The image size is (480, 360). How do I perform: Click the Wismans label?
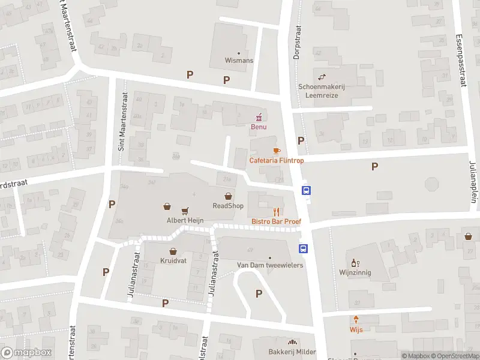[239, 61]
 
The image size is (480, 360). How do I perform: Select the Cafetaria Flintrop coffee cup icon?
[276, 150]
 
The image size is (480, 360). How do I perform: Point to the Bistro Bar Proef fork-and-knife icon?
[276, 211]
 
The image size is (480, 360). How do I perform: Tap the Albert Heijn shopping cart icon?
[185, 210]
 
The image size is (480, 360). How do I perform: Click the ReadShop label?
[228, 206]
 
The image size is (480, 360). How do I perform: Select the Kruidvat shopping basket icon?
[173, 251]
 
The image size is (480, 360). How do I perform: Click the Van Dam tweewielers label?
[270, 265]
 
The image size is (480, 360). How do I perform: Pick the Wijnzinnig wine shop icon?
[355, 263]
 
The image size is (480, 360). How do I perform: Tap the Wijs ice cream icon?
[356, 319]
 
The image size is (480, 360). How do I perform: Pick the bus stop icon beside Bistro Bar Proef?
[305, 191]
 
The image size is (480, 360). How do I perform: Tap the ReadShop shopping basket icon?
[228, 196]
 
